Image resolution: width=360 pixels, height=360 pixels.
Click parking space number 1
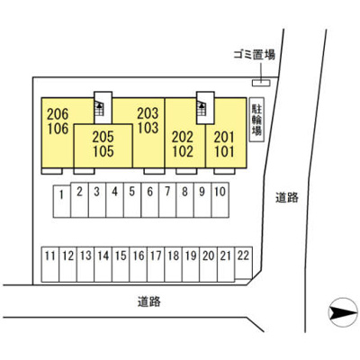point(62,202)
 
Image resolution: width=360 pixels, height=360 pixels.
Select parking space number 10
point(220,200)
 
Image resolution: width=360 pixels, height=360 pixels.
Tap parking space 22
point(243,263)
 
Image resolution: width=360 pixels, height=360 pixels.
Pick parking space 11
point(50,265)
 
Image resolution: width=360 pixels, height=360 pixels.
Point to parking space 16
point(139,265)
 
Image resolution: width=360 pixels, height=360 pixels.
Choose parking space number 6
point(150,200)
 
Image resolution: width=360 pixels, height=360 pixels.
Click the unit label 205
point(103,137)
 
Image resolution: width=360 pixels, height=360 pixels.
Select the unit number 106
point(58,129)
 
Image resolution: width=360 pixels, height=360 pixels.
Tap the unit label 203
point(148,113)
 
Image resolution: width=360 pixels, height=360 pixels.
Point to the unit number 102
point(183,151)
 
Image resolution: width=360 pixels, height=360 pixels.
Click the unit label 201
point(224,138)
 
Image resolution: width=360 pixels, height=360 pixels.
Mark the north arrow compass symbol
point(343,312)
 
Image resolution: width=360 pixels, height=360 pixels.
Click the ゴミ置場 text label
point(255,55)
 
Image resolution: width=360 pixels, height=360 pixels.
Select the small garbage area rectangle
point(261,83)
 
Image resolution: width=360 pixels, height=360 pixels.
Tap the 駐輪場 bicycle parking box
point(256,120)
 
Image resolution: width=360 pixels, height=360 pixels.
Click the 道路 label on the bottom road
point(149,301)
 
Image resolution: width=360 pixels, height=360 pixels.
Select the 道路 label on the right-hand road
point(287,197)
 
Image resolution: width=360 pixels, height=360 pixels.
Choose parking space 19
point(191,265)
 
